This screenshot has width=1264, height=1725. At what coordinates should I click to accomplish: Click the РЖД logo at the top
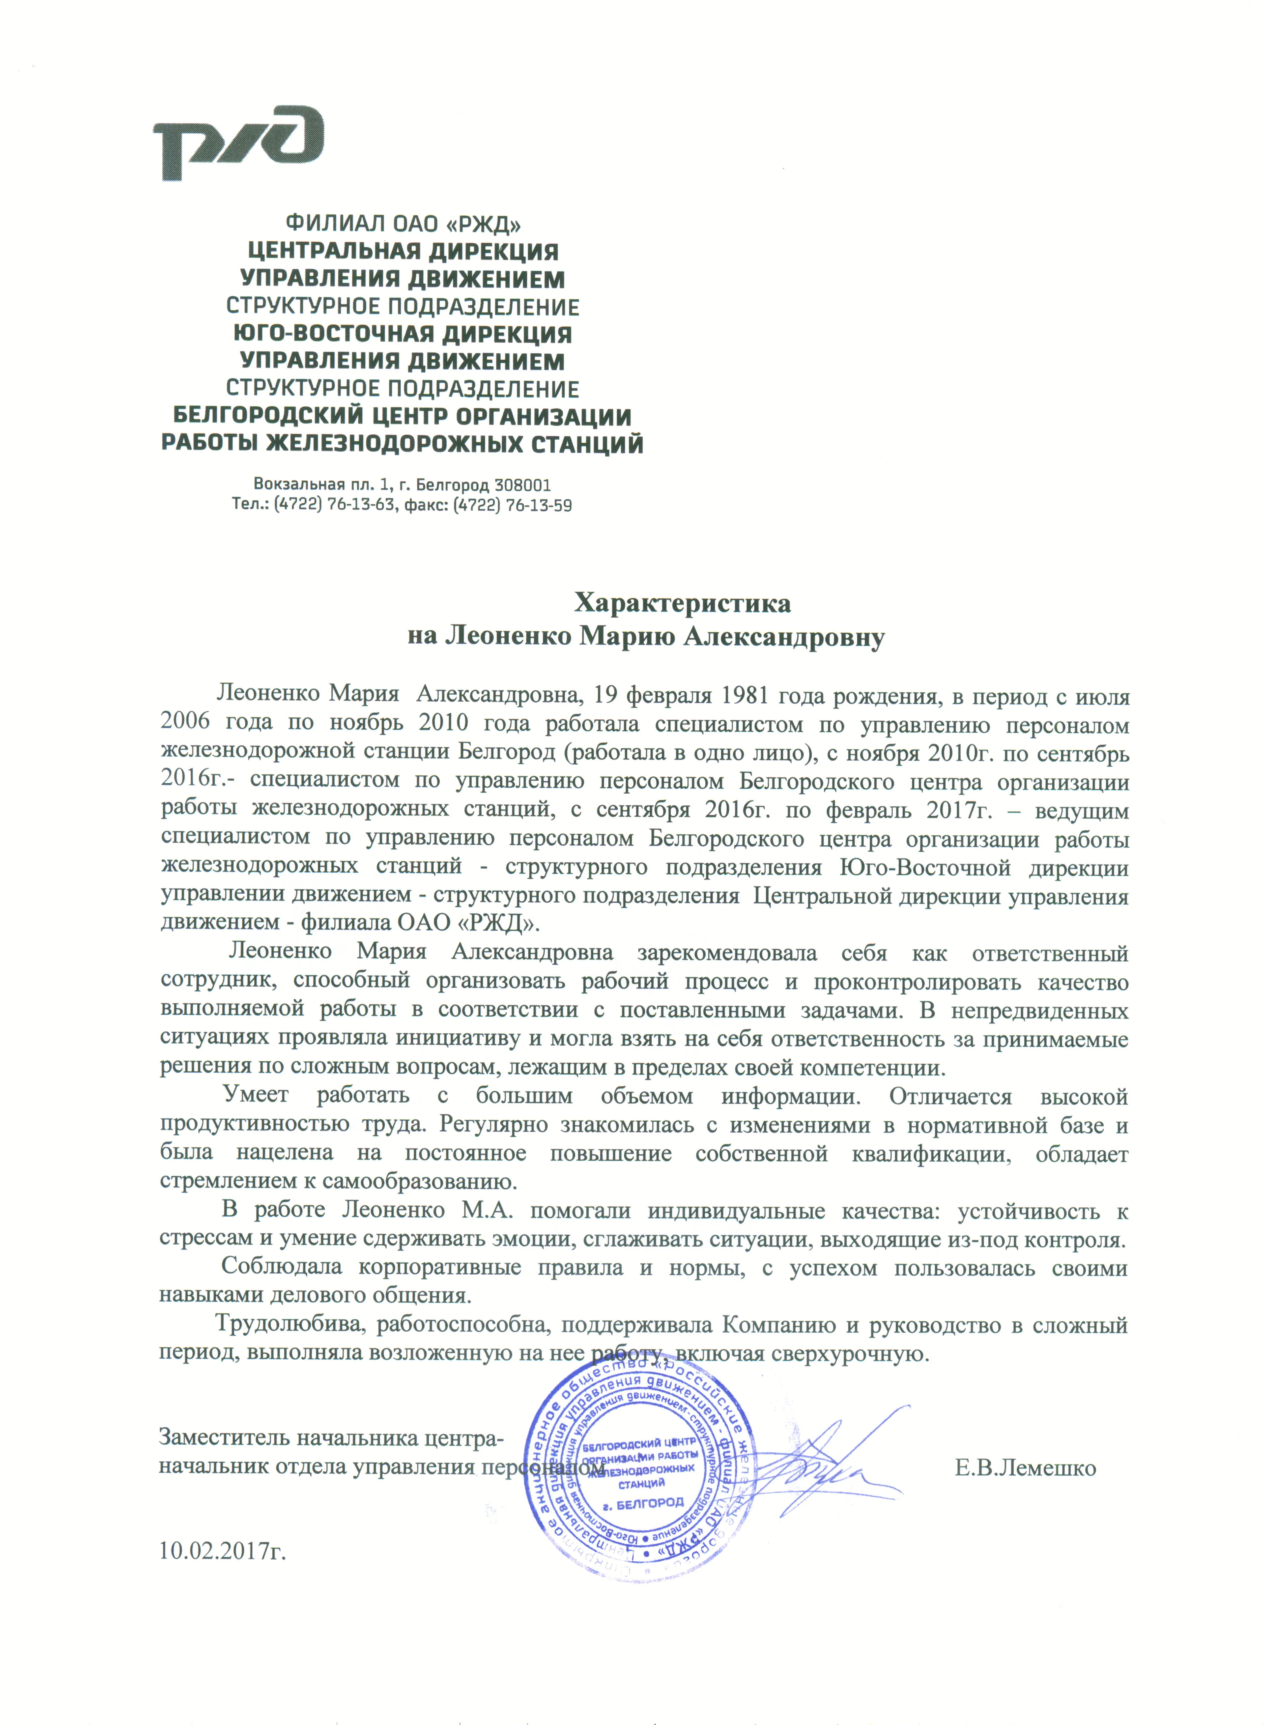(x=239, y=144)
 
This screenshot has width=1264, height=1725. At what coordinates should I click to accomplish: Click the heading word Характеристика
(x=683, y=603)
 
